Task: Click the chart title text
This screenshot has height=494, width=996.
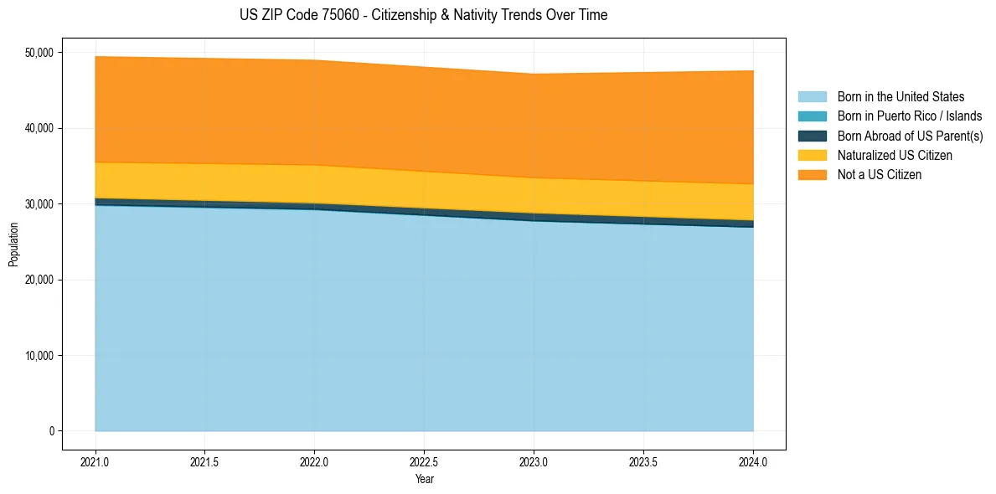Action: coord(423,15)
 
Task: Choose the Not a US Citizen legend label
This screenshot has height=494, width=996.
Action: coord(880,175)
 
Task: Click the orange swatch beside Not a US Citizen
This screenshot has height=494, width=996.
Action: coord(812,175)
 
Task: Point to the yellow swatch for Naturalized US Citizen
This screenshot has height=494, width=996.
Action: coord(812,156)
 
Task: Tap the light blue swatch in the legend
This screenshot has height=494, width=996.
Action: coord(812,97)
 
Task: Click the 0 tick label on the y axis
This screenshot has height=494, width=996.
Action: coord(51,431)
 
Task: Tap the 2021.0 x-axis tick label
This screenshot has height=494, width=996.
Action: coord(95,461)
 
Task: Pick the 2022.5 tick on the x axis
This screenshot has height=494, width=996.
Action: coord(424,461)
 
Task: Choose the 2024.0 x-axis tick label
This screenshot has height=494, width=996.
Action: coord(753,461)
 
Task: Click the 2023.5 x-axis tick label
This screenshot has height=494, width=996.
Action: coord(643,461)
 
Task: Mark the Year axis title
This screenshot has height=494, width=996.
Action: coord(424,479)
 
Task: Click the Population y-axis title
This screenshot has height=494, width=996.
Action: coord(13,244)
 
